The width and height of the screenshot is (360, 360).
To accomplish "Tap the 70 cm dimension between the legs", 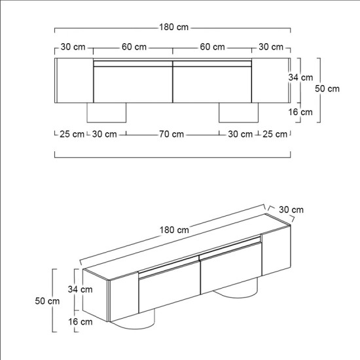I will [x=172, y=134].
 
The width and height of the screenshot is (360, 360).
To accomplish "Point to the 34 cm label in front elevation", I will [x=301, y=77].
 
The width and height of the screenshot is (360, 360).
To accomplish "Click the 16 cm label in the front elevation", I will [x=301, y=112].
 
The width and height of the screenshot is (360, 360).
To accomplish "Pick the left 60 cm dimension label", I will [x=134, y=47].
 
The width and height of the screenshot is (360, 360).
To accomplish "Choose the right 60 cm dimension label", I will [x=213, y=47].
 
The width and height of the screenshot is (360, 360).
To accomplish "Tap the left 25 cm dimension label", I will [x=71, y=134].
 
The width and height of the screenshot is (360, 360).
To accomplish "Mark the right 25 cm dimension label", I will [x=274, y=134].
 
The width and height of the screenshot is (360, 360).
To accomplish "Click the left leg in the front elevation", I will [x=107, y=112].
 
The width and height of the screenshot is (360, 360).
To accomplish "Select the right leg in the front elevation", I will [x=238, y=112].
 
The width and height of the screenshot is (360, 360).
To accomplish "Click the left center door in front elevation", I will [x=133, y=84].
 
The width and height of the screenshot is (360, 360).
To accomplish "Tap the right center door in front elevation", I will [x=212, y=84].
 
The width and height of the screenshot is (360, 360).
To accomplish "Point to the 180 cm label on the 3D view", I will [x=175, y=230].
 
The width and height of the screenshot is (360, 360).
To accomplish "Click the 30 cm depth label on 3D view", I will [x=291, y=209].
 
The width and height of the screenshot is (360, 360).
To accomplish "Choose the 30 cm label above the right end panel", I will [x=271, y=47].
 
